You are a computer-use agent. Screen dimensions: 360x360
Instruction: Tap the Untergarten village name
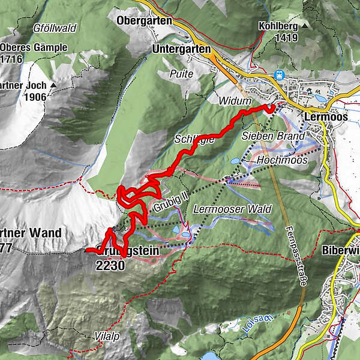click(x=181, y=49)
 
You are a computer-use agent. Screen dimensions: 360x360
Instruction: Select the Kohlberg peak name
click(x=278, y=27)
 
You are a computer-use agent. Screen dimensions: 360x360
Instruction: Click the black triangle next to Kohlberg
click(x=305, y=27)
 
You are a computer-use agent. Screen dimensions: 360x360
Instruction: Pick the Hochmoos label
click(x=281, y=161)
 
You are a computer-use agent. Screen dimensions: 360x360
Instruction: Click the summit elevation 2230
click(x=110, y=265)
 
